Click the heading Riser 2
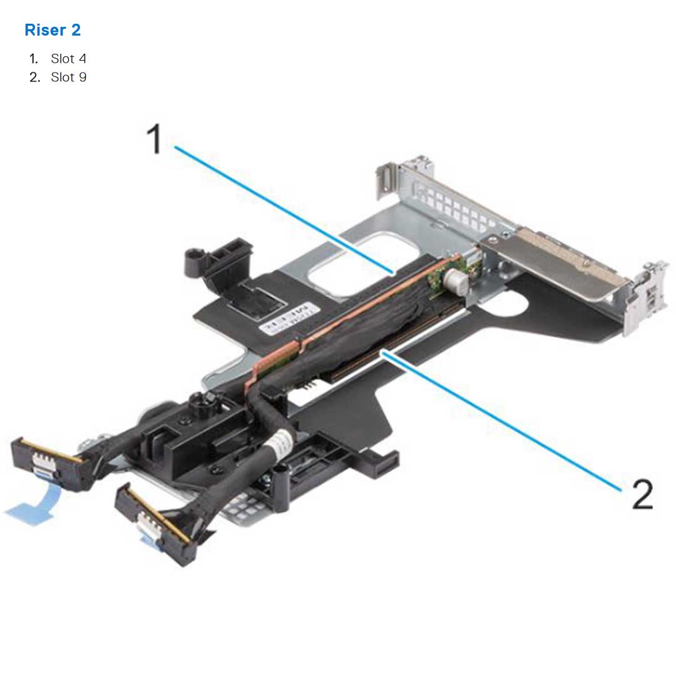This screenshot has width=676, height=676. pyautogui.click(x=53, y=29)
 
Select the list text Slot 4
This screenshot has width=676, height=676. pyautogui.click(x=68, y=59)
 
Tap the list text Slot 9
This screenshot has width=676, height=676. pyautogui.click(x=68, y=78)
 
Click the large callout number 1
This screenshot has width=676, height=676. pyautogui.click(x=154, y=138)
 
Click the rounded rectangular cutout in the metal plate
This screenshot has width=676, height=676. pyautogui.click(x=341, y=263)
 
